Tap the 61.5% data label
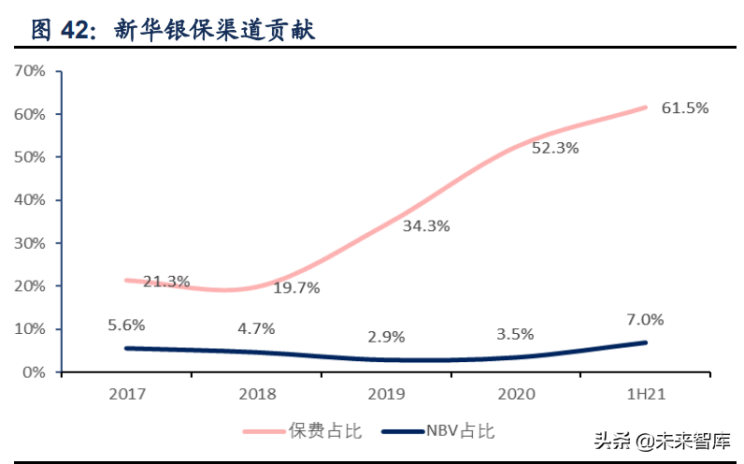[684, 108]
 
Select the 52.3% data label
[555, 148]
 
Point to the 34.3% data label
[426, 225]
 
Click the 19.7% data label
[296, 288]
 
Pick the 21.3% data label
[166, 281]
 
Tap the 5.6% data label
[125, 326]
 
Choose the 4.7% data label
[255, 328]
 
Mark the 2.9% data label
[386, 336]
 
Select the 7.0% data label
[645, 319]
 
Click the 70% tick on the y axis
[30, 71]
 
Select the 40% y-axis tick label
[30, 200]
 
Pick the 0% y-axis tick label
[34, 372]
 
